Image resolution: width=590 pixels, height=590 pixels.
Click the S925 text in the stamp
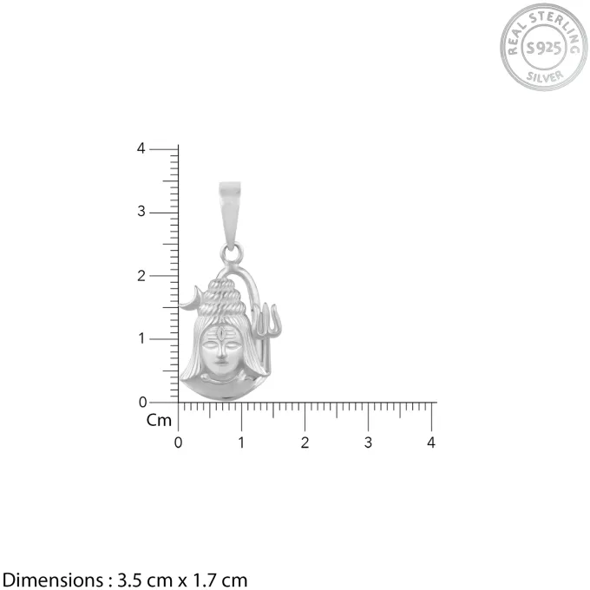pos(544,48)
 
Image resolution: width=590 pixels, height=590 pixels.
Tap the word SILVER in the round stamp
pos(545,76)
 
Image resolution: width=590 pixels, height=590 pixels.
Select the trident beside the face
pos(266,335)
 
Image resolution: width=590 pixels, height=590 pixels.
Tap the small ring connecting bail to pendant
pos(231,253)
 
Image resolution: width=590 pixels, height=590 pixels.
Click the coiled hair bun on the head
pos(222,298)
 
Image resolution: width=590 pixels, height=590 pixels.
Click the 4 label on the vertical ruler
pos(141,148)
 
